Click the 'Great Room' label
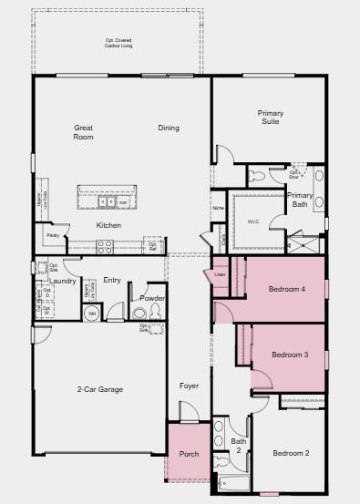[x=84, y=132]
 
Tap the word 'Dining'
[x=168, y=128]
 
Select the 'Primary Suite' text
[x=270, y=117]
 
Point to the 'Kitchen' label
[x=109, y=225]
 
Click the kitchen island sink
[x=106, y=203]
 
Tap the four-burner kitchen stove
[x=104, y=244]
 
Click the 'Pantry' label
[x=52, y=236]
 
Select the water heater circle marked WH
[x=91, y=314]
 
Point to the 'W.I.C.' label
[x=253, y=221]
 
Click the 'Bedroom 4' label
[x=286, y=290]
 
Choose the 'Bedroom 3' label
[x=287, y=355]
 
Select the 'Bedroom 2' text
[x=291, y=453]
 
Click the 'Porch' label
[x=189, y=453]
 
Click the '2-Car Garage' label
[x=100, y=389]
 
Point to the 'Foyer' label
[x=189, y=386]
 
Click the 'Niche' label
[x=218, y=208]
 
